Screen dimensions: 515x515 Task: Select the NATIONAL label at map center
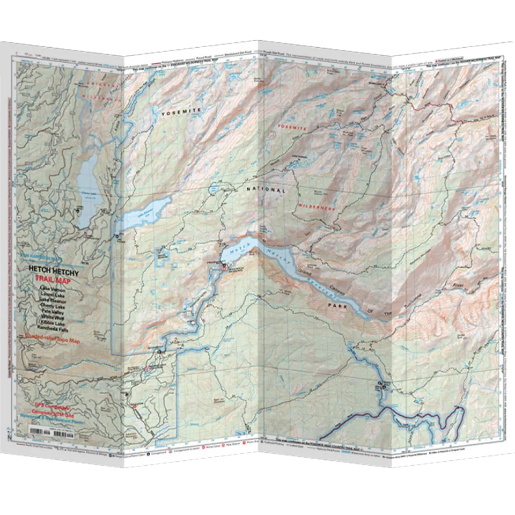(x=265, y=190)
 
